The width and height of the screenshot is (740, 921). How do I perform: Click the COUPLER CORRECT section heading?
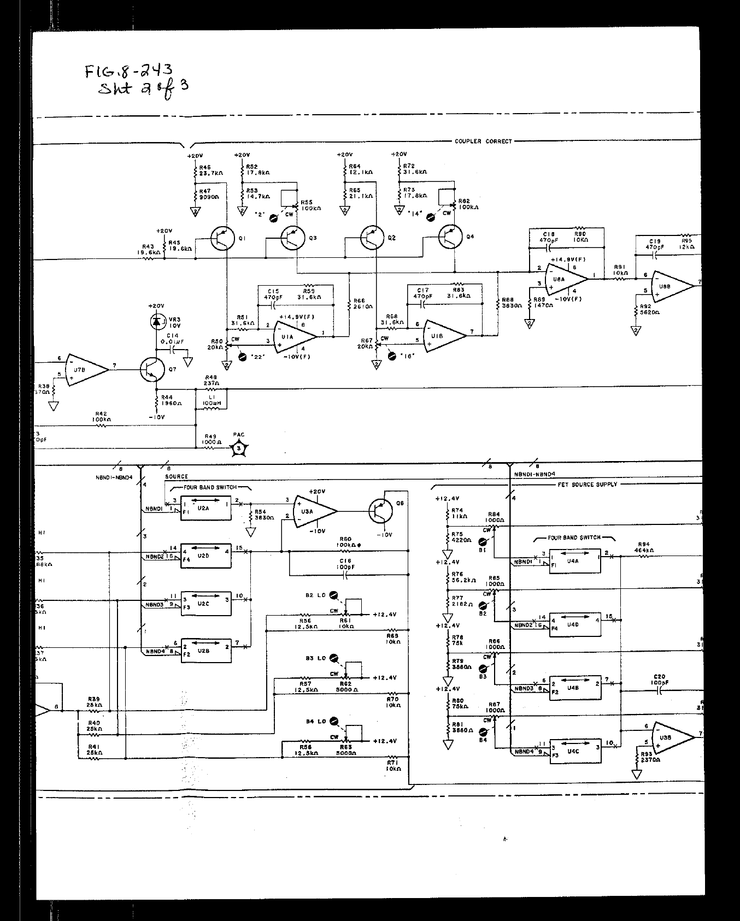pos(483,141)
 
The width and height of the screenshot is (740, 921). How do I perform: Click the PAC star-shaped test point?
pos(239,448)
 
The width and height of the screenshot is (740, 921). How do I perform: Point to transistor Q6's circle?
pos(381,511)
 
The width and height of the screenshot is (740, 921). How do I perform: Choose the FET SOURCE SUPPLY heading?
pos(587,485)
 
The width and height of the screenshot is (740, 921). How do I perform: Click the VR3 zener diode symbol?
pos(158,322)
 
